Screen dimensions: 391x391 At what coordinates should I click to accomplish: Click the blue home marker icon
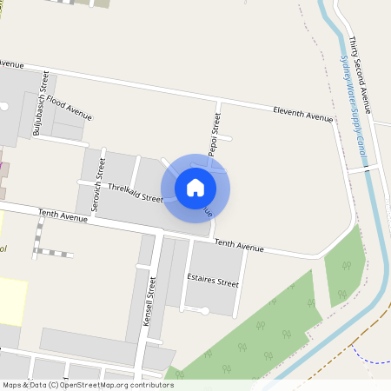pos(195,187)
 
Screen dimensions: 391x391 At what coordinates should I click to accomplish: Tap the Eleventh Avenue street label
pos(302,114)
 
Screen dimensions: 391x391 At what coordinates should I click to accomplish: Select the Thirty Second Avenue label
pos(361,75)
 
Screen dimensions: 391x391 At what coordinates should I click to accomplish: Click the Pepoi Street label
pos(214,134)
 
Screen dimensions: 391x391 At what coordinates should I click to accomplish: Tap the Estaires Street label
pos(213,282)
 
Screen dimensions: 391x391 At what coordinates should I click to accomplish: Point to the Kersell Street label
pos(149,301)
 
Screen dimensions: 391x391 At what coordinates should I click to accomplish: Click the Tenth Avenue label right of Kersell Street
pos(238,246)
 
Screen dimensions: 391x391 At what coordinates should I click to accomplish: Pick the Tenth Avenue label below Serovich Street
pos(63,215)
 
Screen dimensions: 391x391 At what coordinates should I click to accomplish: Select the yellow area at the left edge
pos(12,301)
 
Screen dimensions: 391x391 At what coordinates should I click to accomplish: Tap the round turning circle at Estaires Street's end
pos(205,310)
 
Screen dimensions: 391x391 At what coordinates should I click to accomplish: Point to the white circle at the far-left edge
pos(3,106)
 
